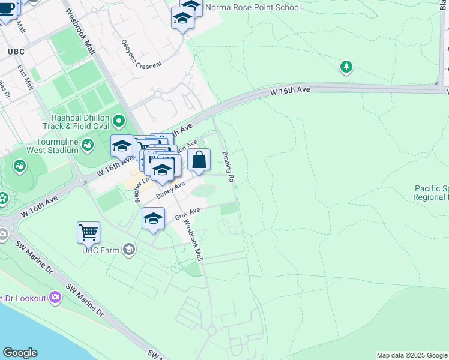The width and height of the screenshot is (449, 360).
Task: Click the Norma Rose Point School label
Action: click(x=253, y=8)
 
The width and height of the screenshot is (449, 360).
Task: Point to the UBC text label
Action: click(x=16, y=52)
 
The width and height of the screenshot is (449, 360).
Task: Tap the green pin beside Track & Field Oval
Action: click(x=119, y=122)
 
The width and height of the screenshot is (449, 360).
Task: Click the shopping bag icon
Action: click(x=199, y=160)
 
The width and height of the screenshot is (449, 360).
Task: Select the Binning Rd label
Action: click(x=228, y=166)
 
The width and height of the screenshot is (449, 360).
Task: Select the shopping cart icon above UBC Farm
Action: click(x=88, y=232)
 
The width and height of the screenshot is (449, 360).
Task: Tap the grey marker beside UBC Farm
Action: click(x=129, y=249)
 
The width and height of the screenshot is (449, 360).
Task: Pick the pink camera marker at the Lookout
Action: click(x=56, y=296)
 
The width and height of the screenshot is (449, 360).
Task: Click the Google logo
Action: click(x=19, y=353)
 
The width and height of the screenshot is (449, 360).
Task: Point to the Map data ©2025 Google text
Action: click(x=412, y=355)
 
